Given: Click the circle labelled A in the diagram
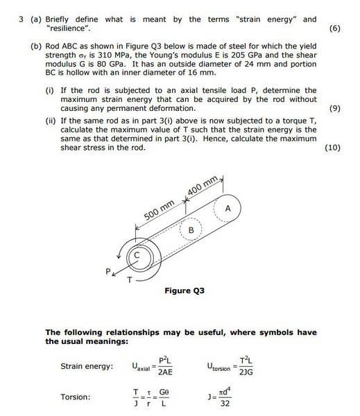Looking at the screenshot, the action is [x=228, y=208].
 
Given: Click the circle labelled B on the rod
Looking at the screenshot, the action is [x=191, y=229].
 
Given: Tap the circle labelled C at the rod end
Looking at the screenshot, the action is [x=137, y=256].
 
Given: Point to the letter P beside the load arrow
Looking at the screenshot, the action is [x=108, y=272].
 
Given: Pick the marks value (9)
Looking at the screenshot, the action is [x=334, y=109].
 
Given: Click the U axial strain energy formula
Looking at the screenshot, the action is [x=151, y=366].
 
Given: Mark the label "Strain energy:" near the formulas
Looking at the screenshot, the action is [x=87, y=366].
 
